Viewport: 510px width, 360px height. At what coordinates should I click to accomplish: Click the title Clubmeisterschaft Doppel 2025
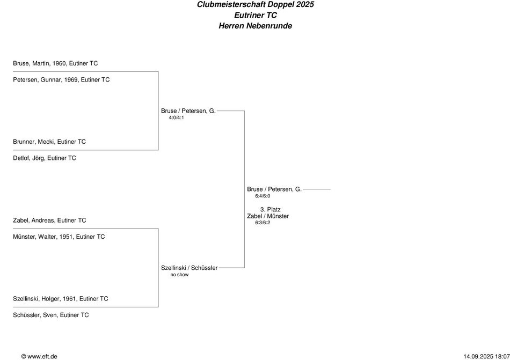click(256, 5)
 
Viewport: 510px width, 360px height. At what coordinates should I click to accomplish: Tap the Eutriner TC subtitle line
click(256, 15)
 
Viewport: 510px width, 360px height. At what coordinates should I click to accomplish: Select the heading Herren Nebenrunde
click(256, 26)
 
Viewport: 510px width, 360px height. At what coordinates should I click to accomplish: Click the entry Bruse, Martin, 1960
click(55, 63)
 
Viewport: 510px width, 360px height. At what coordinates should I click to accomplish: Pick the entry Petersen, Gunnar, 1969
click(61, 80)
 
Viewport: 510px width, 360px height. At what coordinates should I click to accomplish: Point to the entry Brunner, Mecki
click(49, 142)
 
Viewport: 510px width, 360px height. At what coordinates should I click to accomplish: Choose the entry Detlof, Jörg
click(45, 158)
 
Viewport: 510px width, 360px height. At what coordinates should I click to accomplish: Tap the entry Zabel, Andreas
click(49, 221)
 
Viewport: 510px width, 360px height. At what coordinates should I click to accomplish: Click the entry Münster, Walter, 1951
click(59, 237)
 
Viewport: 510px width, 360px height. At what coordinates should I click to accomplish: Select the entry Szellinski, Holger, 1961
click(61, 299)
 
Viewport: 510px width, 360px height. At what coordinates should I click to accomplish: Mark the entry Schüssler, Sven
click(51, 315)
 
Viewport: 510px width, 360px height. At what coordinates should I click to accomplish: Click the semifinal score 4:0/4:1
click(176, 117)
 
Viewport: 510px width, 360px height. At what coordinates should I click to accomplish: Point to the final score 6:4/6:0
click(263, 196)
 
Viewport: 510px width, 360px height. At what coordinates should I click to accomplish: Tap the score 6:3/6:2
click(263, 223)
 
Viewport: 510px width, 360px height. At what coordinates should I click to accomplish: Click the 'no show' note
click(179, 275)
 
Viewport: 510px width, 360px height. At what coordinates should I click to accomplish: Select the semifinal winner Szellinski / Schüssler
click(189, 268)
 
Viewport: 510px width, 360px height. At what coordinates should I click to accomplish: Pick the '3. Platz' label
click(270, 209)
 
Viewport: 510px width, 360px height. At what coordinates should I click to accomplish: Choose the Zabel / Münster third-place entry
click(268, 216)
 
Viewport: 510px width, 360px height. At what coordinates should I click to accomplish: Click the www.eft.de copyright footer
click(39, 356)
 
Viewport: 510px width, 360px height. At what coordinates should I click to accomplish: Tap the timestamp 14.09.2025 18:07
click(485, 356)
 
